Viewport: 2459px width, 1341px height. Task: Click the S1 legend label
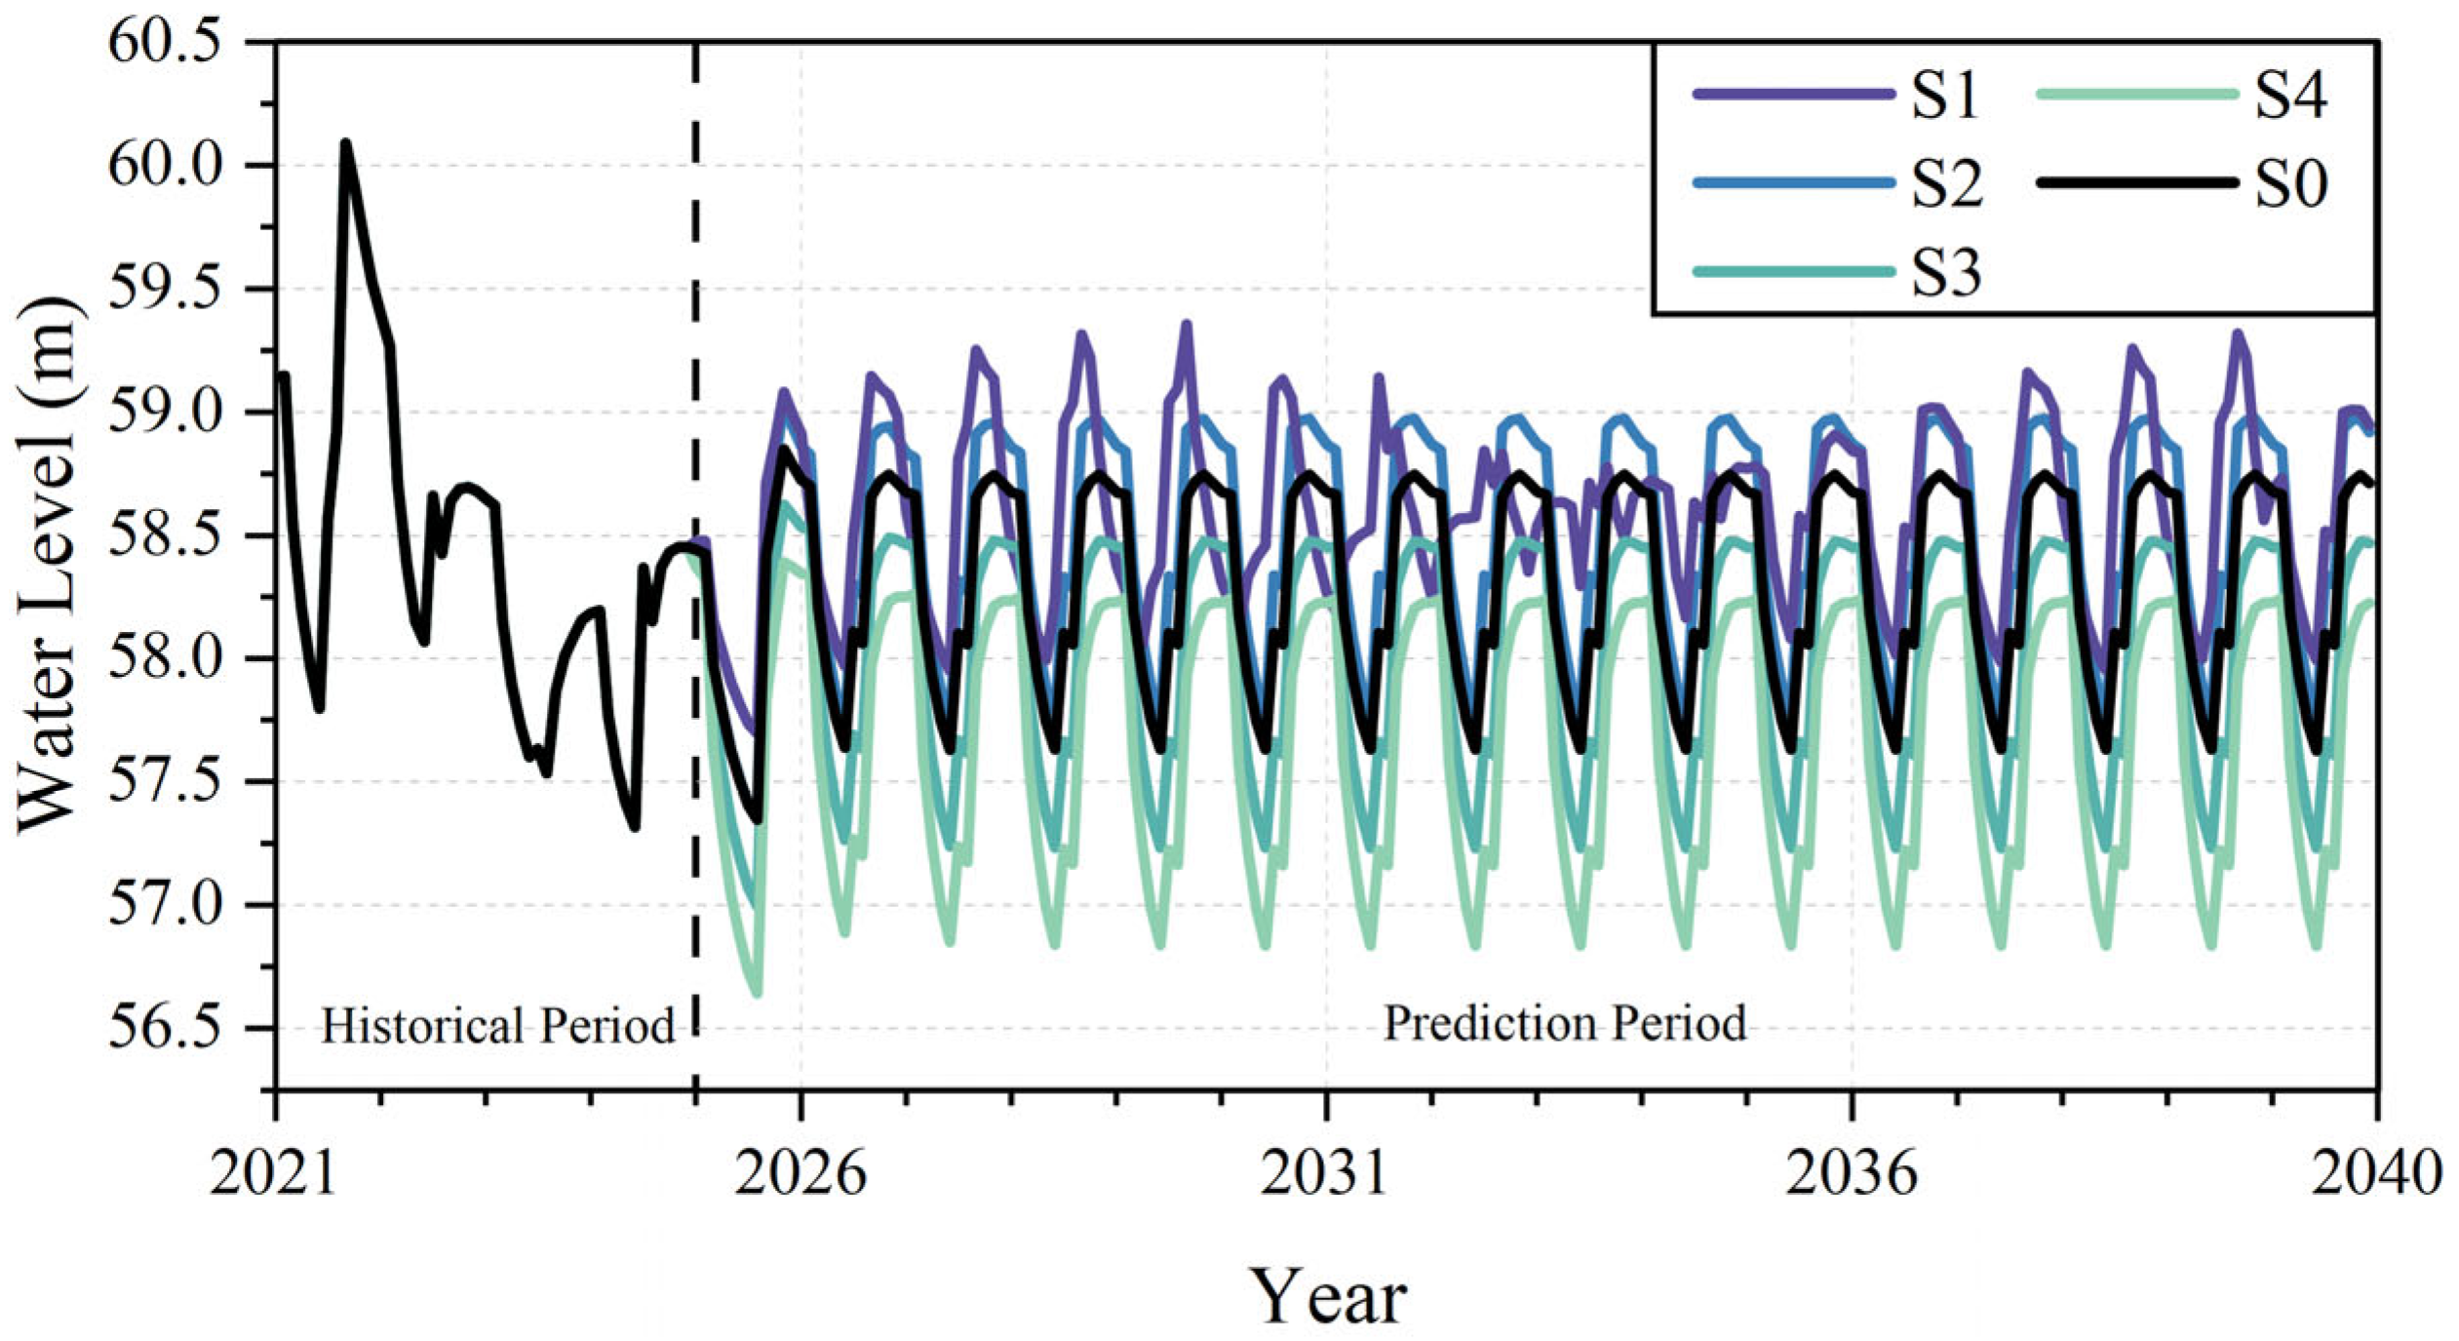tap(1944, 97)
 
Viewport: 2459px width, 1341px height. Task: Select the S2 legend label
tap(1946, 184)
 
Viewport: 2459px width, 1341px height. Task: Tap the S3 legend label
tap(1946, 273)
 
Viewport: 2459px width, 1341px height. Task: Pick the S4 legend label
tap(2290, 97)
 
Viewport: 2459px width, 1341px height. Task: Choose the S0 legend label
tap(2290, 184)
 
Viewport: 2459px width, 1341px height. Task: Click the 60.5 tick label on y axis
tap(164, 44)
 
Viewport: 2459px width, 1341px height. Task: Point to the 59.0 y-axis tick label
tap(164, 413)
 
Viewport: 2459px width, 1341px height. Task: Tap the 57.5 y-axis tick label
tap(164, 782)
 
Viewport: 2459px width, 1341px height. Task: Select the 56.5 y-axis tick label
tap(164, 1029)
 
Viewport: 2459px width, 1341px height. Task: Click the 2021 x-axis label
tap(273, 1173)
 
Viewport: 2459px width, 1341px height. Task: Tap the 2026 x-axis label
tap(800, 1173)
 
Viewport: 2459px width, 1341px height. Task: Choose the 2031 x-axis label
tap(1324, 1173)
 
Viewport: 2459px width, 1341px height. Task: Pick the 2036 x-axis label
tap(1851, 1173)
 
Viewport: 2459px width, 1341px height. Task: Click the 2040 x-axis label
tap(2376, 1173)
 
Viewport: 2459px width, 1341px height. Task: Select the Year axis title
tap(1328, 1295)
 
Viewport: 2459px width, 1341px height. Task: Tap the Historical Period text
tap(497, 1027)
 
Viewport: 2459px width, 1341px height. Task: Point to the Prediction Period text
tap(1565, 1024)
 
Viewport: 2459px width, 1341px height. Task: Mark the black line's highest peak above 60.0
tap(345, 144)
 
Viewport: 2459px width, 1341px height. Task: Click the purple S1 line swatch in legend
tap(1792, 95)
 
